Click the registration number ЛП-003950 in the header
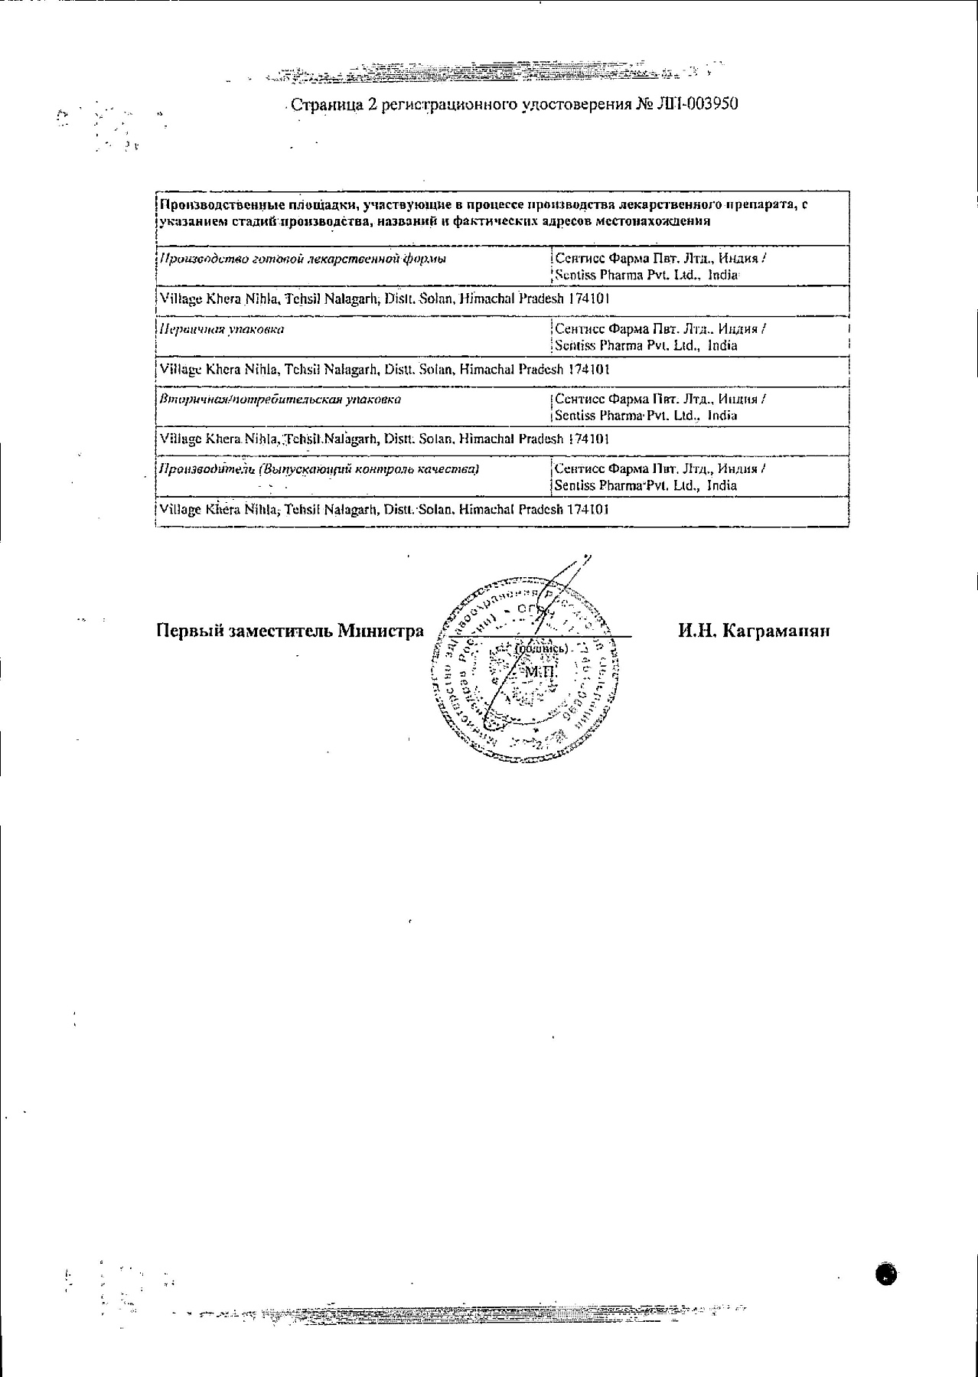[x=696, y=104]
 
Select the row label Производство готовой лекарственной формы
[x=302, y=259]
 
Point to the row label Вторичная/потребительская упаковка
[x=280, y=399]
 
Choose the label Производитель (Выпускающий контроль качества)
[x=318, y=468]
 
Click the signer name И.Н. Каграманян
[x=753, y=631]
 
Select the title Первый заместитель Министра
[x=290, y=631]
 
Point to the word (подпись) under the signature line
[x=542, y=649]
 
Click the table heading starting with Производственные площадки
[x=482, y=213]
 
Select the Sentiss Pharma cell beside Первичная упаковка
[x=660, y=337]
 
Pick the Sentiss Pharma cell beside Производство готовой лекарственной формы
[x=660, y=266]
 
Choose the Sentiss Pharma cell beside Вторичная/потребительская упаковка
[x=660, y=407]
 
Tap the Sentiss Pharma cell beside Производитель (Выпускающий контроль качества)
[x=660, y=477]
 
